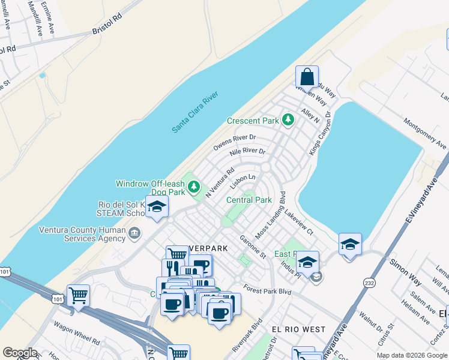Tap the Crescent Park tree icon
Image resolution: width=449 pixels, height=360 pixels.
288,120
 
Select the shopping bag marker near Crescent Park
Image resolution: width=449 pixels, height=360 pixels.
307,77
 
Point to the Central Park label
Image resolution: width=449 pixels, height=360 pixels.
249,200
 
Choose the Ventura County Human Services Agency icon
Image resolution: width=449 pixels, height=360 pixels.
134,233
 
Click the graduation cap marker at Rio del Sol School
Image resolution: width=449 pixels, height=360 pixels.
157,208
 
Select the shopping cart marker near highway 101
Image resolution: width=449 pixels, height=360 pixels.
78,295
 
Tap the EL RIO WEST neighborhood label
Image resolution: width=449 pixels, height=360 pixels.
298,329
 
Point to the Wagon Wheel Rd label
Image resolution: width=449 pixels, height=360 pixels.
76,341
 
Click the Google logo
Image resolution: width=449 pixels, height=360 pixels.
19,353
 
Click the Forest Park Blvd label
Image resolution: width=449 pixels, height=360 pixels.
268,291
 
